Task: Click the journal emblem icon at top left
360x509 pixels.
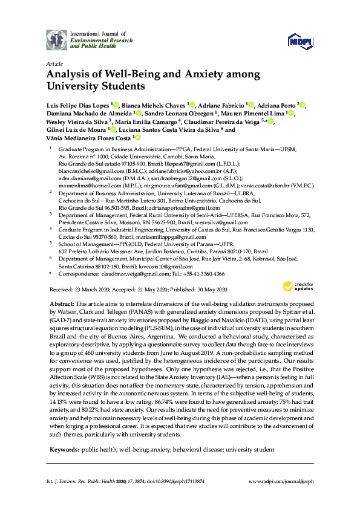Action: click(x=56, y=39)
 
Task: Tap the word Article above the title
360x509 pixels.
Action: click(x=54, y=63)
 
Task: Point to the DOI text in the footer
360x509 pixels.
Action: click(x=172, y=481)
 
